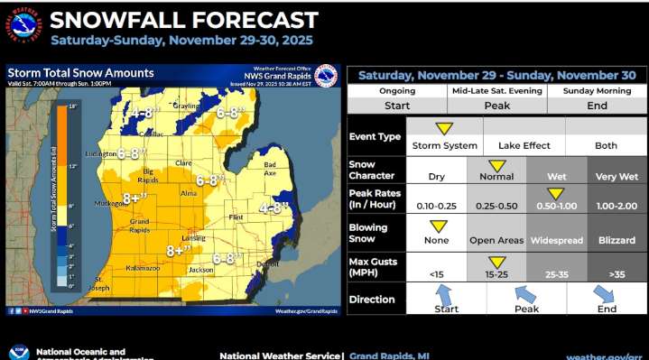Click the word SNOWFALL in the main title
116,20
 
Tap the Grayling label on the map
186,106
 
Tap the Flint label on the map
238,217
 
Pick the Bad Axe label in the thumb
270,168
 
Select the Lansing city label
193,238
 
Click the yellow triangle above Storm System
444,129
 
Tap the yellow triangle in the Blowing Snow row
437,226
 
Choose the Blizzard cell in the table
617,242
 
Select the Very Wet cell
617,177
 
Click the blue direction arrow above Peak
526,294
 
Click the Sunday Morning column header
597,91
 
